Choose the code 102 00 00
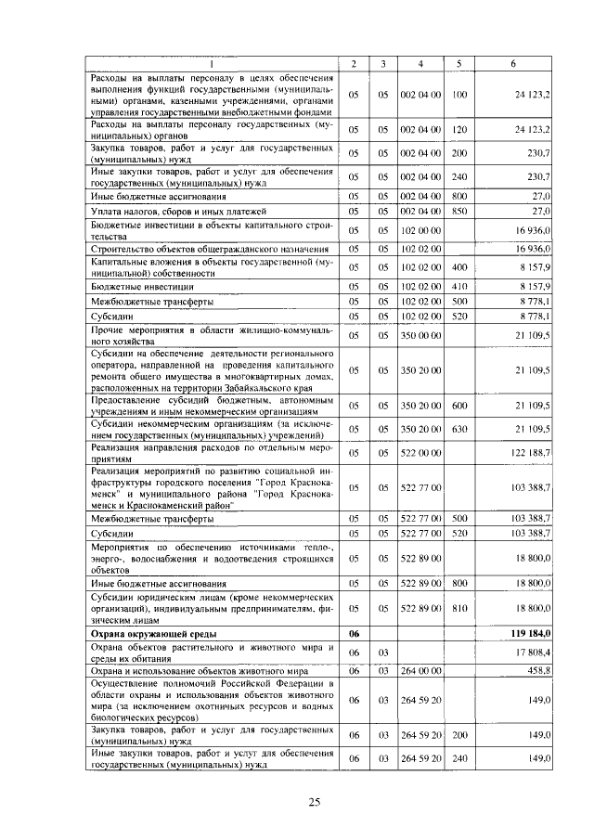tap(420, 229)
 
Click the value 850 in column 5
tap(458, 212)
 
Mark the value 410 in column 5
tap(458, 287)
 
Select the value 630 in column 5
tap(458, 430)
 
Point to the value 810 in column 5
tap(458, 608)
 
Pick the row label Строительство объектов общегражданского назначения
tap(209, 248)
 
